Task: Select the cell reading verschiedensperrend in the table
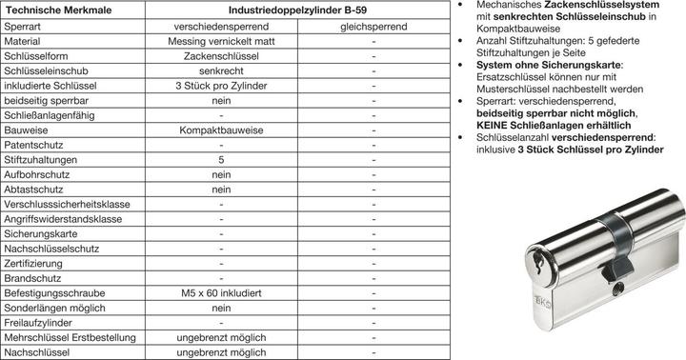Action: [221, 26]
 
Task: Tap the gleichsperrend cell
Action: [373, 26]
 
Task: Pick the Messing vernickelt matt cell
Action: [221, 43]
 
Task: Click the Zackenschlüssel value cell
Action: [221, 61]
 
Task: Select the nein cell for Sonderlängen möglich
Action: [221, 309]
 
